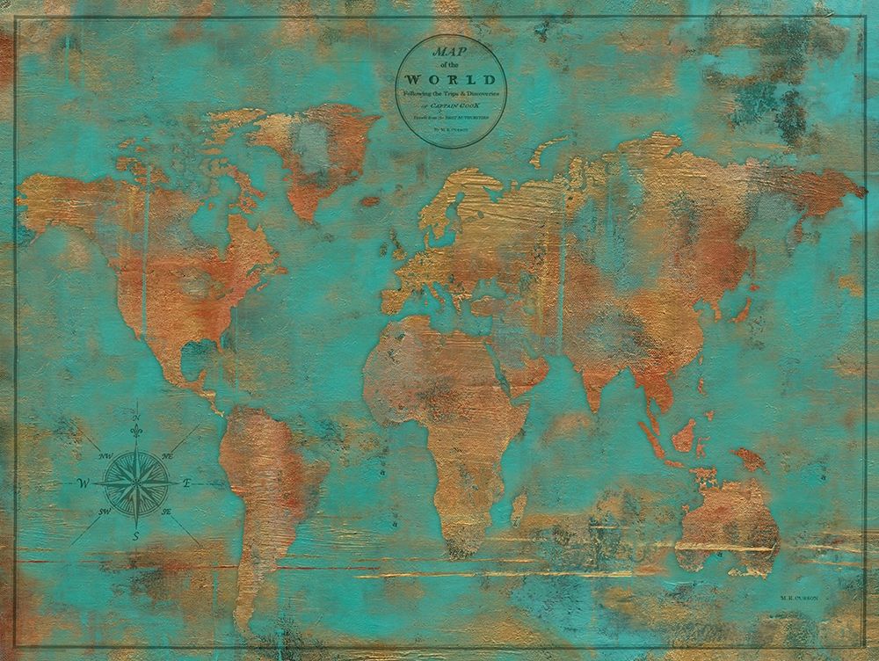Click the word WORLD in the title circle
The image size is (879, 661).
click(450, 78)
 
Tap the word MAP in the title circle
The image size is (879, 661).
click(450, 53)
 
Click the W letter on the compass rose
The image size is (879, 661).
click(84, 483)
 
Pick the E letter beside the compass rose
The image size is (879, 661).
click(187, 483)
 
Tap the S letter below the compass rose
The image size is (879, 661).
click(136, 536)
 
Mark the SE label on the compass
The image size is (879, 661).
click(166, 511)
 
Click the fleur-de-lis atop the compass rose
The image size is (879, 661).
click(136, 432)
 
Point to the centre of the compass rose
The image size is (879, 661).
click(136, 483)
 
